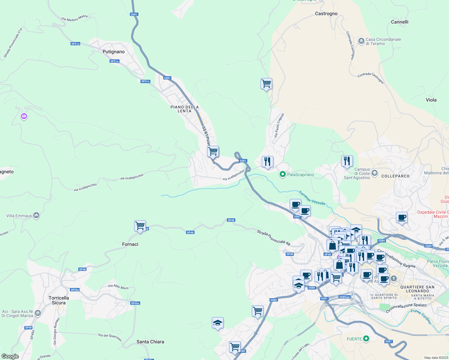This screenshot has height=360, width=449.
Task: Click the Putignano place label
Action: tap(113, 52)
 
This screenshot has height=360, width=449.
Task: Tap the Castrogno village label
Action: tap(326, 13)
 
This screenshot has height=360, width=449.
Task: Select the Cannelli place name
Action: tap(399, 22)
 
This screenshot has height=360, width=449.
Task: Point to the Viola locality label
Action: tap(431, 100)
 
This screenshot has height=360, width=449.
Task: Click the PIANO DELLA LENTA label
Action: tap(185, 109)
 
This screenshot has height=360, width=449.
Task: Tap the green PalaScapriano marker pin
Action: tap(282, 174)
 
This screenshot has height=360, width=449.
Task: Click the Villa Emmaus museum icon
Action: tap(36, 215)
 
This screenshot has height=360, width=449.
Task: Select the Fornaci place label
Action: tap(130, 244)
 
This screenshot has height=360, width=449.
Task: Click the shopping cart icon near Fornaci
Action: tap(140, 226)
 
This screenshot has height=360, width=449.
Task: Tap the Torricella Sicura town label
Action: tap(59, 300)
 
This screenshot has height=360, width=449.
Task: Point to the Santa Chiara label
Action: tap(150, 342)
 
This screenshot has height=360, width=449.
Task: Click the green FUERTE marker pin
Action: tap(366, 339)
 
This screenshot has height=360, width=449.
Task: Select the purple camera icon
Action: tap(24, 116)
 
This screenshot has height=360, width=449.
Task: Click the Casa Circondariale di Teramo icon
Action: tap(361, 40)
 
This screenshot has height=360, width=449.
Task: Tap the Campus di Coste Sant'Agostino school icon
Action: tap(374, 173)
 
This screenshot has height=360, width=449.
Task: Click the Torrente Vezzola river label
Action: tap(312, 198)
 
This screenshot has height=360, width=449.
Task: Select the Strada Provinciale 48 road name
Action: tap(274, 238)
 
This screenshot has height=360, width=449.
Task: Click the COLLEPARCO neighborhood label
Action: tap(395, 176)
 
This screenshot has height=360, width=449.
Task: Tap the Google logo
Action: tap(10, 356)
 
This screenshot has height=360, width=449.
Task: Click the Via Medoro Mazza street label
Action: tap(74, 18)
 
